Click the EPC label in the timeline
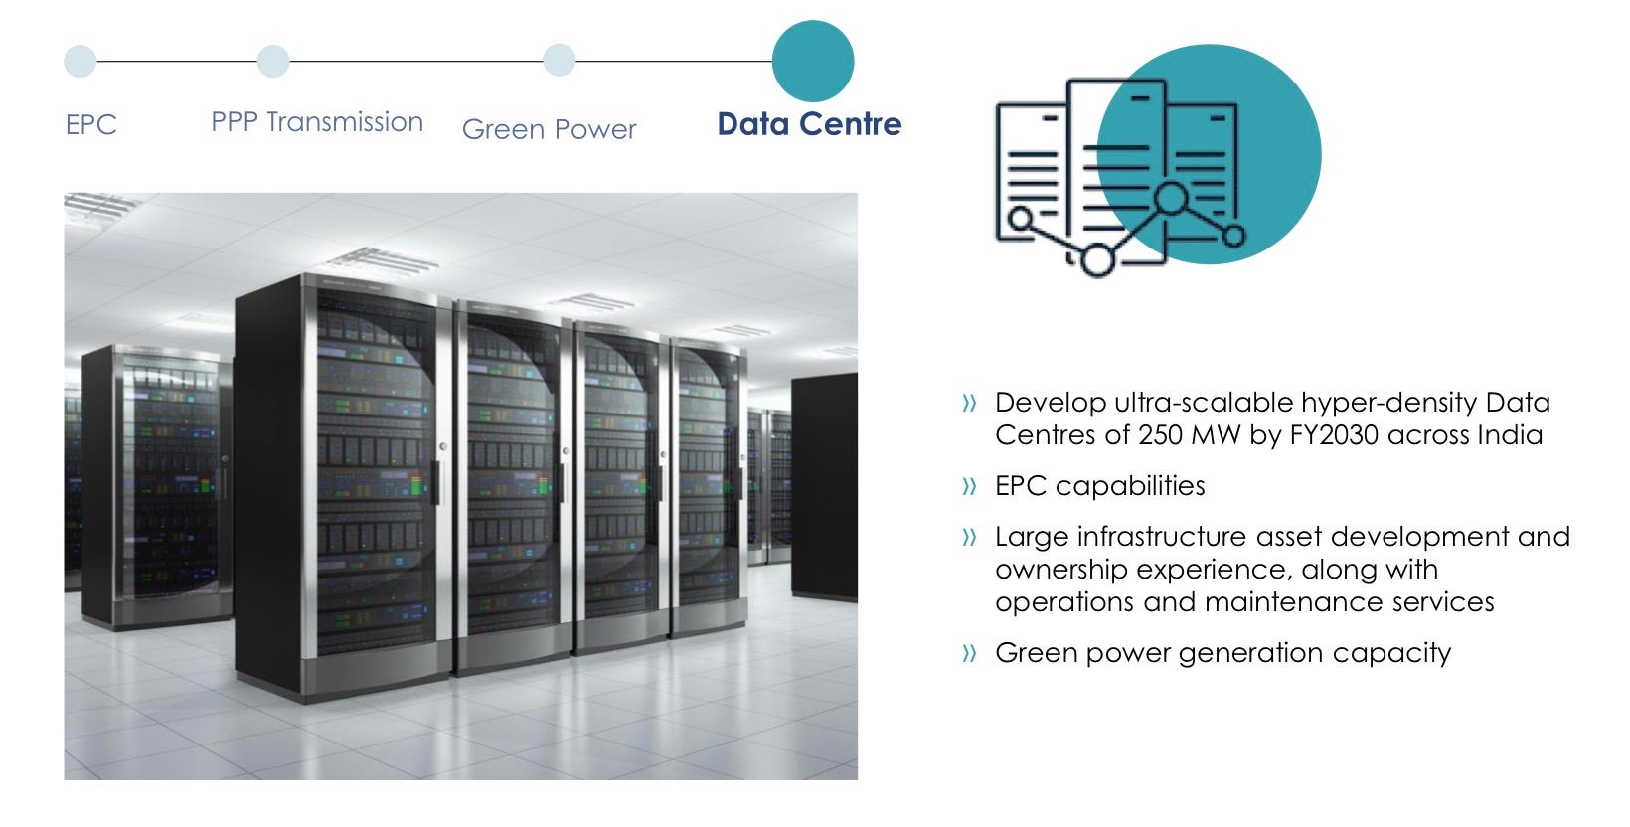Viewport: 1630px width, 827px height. [91, 125]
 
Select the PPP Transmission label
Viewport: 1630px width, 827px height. [317, 122]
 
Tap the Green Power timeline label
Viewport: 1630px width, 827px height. [549, 129]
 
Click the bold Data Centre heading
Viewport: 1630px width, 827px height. [809, 124]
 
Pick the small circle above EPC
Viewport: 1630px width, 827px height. [81, 62]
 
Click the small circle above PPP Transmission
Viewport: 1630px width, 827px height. [273, 62]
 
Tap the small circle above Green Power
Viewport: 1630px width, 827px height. [560, 61]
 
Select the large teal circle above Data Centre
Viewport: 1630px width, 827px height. [813, 61]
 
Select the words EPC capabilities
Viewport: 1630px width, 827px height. [1099, 486]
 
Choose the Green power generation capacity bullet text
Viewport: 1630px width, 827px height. [1222, 653]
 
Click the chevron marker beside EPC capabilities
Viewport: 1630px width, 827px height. [969, 487]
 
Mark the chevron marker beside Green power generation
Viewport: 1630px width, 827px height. [969, 654]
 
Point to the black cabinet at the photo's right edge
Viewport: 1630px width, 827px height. [824, 487]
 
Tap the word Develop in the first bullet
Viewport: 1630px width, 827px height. [1051, 403]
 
